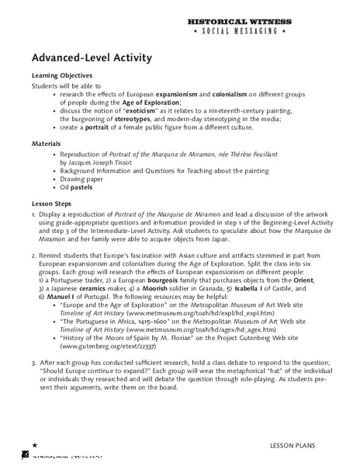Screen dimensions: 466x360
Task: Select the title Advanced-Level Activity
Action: coord(92,58)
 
